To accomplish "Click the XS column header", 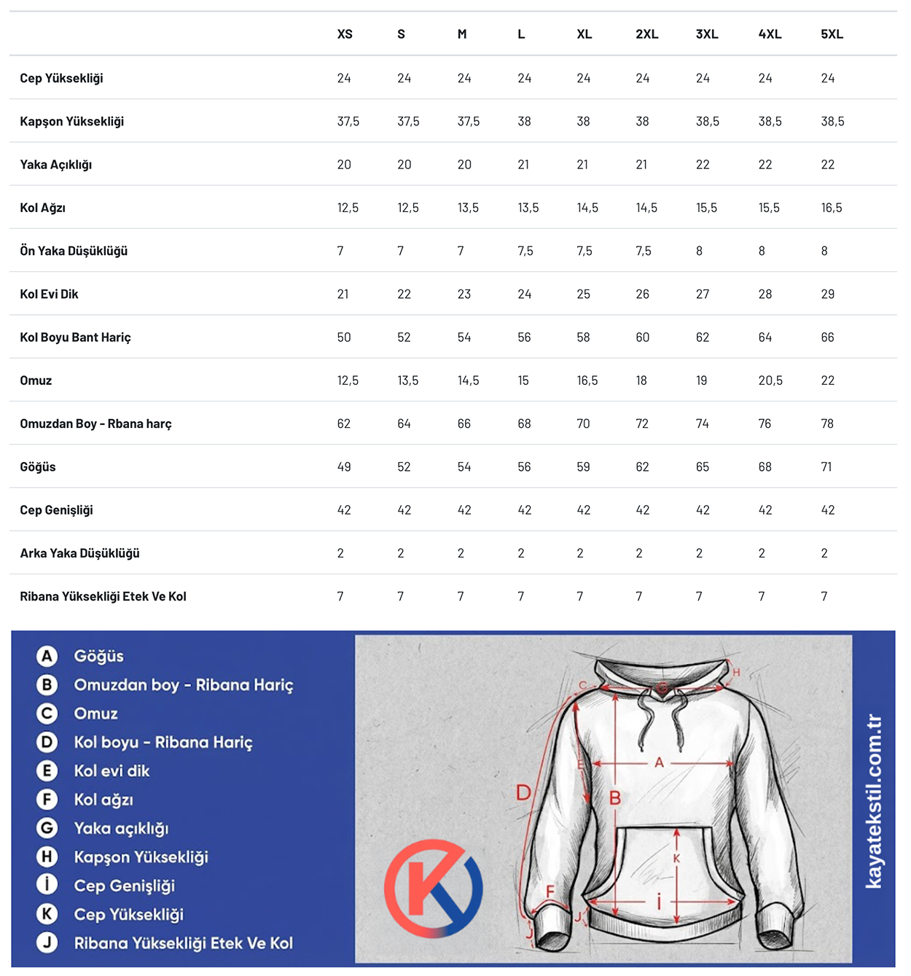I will click(x=345, y=34).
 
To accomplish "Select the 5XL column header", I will click(x=832, y=34).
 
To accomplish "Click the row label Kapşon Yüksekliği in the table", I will click(x=72, y=121).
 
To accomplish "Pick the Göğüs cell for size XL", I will click(x=583, y=466).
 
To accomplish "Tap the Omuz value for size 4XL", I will click(x=770, y=380).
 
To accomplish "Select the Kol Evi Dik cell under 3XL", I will click(x=703, y=294).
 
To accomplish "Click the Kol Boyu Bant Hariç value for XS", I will click(x=344, y=337).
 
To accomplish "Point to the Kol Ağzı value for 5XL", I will click(x=831, y=208).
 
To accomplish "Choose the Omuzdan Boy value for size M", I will click(x=464, y=423).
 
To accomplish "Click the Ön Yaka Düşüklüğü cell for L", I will click(x=525, y=251).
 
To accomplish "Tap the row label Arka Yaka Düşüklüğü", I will click(x=79, y=553).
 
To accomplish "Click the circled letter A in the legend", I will click(x=47, y=656).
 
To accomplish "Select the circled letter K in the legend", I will click(x=47, y=914).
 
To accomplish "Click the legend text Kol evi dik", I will click(x=112, y=771).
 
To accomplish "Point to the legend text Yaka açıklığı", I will click(x=121, y=829).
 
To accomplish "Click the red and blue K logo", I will click(x=433, y=888).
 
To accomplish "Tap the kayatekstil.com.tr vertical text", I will click(x=873, y=802).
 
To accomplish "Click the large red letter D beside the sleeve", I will click(x=523, y=792).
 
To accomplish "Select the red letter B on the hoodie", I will click(x=615, y=798).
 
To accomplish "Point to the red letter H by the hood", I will click(x=736, y=672).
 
